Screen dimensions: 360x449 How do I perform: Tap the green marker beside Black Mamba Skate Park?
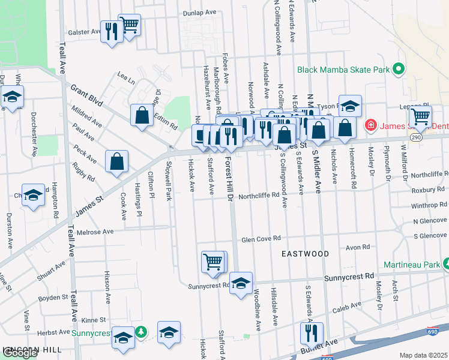[397, 70]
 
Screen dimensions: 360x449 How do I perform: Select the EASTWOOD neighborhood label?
[306, 254]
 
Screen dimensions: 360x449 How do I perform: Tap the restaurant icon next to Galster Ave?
[111, 31]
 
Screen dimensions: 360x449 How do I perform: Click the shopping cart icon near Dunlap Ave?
[129, 25]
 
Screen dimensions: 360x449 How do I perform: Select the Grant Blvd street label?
[87, 94]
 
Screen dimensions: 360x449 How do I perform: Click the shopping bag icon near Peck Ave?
[117, 161]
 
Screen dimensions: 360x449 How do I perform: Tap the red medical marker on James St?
[370, 126]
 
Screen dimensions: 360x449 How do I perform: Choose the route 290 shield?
[415, 137]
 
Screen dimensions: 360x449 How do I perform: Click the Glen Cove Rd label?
[261, 238]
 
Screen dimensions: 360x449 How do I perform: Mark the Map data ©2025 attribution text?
[423, 355]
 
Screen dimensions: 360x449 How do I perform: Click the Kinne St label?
[94, 320]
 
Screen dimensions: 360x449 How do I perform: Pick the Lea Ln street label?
[126, 77]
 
